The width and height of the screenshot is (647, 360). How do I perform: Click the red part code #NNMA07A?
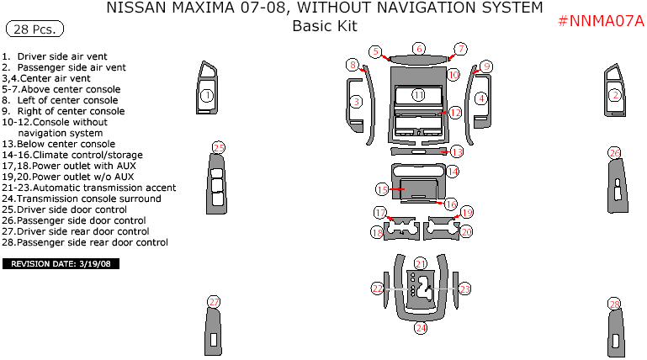tap(600, 21)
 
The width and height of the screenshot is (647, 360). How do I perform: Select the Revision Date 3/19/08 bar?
tap(61, 263)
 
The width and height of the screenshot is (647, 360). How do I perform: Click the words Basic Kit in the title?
tap(324, 26)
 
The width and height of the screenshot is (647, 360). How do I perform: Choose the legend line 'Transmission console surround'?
tap(88, 199)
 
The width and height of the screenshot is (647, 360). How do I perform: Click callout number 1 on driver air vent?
tap(206, 96)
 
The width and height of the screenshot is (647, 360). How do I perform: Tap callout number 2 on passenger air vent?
tap(615, 96)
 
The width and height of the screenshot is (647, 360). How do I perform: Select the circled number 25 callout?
tap(218, 148)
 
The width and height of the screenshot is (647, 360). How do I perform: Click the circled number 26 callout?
tap(615, 153)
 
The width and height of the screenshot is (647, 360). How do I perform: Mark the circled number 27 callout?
tap(215, 302)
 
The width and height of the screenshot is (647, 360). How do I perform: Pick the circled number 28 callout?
tap(615, 304)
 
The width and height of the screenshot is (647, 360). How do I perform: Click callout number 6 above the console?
tap(419, 49)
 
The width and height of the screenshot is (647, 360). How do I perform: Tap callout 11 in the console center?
tap(418, 95)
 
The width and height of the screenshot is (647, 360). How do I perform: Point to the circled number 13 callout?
tap(457, 152)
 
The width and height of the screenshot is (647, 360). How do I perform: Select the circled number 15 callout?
tap(382, 189)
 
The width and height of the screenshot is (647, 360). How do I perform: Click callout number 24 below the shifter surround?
tap(421, 328)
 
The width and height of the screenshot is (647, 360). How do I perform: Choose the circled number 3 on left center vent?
tap(356, 102)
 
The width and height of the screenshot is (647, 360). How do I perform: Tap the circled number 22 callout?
tap(378, 289)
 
